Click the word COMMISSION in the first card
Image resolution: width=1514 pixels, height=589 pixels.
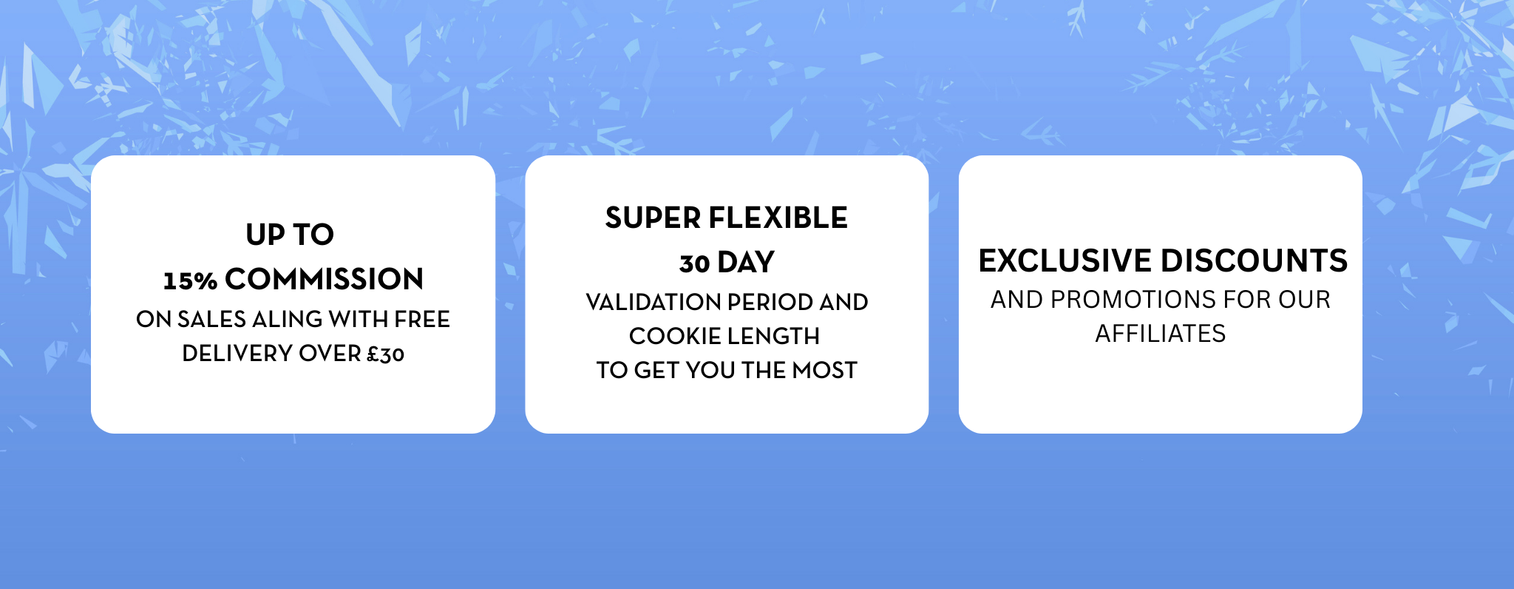point(324,279)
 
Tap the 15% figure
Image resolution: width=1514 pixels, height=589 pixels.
point(190,280)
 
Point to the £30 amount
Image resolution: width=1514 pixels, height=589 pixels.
point(386,354)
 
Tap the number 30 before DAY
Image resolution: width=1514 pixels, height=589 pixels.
point(695,263)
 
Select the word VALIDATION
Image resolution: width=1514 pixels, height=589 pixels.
point(654,302)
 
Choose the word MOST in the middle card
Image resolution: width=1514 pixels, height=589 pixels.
point(824,370)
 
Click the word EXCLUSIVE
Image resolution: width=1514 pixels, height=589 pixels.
point(1065,260)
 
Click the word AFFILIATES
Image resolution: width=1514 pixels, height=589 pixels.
point(1161,334)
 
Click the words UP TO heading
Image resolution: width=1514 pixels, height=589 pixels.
point(290,235)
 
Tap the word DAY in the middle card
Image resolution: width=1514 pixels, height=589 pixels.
point(746,262)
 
